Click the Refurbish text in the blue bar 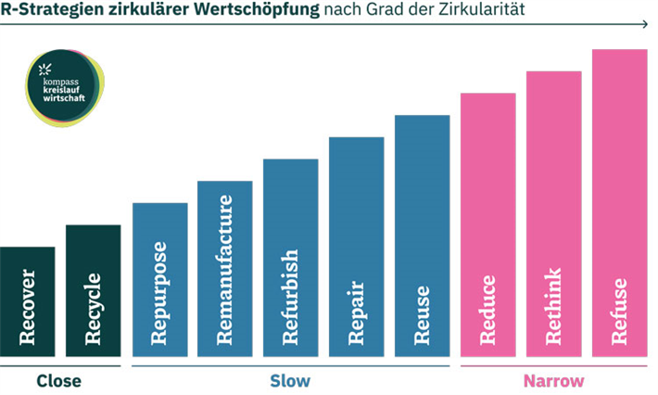point(291,297)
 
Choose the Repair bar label point(357,312)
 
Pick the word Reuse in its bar point(423,315)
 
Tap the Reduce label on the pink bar point(488,310)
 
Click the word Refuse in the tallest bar point(619,312)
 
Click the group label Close point(59,381)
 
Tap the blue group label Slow point(290,381)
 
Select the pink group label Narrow point(554,381)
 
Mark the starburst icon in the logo point(44,70)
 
